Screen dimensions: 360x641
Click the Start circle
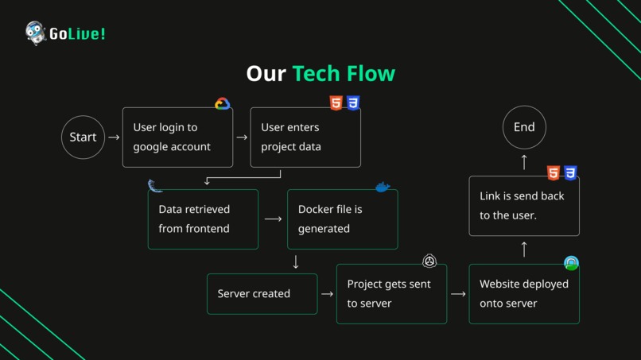pyautogui.click(x=83, y=137)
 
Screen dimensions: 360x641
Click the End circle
pyautogui.click(x=524, y=127)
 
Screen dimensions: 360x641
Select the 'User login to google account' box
pyautogui.click(x=177, y=137)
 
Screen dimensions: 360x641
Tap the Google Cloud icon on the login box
pyautogui.click(x=222, y=104)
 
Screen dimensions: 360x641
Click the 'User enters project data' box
pyautogui.click(x=305, y=137)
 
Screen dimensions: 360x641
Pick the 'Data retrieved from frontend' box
pyautogui.click(x=203, y=219)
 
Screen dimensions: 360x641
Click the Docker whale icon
pyautogui.click(x=383, y=188)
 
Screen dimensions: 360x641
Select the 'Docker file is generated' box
pyautogui.click(x=342, y=219)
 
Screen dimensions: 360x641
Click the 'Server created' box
pyautogui.click(x=262, y=294)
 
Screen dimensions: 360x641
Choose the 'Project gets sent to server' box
pyautogui.click(x=391, y=294)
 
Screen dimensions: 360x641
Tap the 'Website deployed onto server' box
pyautogui.click(x=524, y=294)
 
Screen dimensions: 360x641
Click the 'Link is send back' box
pyautogui.click(x=524, y=206)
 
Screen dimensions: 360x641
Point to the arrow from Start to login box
pyautogui.click(x=114, y=137)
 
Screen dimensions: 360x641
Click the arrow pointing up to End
pyautogui.click(x=524, y=162)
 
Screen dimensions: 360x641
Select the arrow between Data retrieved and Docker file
pyautogui.click(x=273, y=219)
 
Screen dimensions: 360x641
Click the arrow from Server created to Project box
pyautogui.click(x=327, y=294)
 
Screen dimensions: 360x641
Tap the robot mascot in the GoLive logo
pyautogui.click(x=35, y=33)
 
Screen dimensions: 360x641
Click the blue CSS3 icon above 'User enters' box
pyautogui.click(x=353, y=103)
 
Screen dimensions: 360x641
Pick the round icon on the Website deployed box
pyautogui.click(x=571, y=263)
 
